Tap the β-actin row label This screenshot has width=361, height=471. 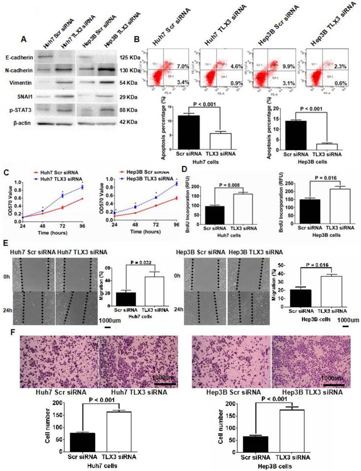(x=15, y=124)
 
